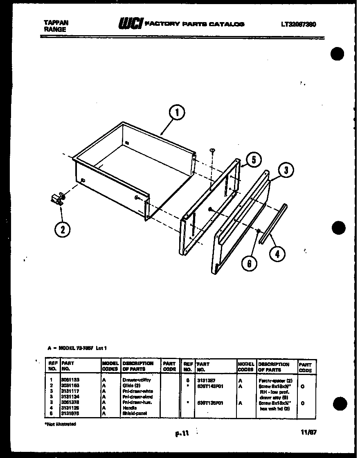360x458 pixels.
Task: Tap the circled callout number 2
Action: [62, 229]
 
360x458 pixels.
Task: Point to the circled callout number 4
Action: [277, 254]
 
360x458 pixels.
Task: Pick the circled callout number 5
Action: [254, 160]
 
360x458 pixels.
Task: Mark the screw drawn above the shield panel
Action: [213, 151]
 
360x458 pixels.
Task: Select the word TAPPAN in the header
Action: [56, 23]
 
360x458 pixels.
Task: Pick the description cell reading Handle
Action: [129, 408]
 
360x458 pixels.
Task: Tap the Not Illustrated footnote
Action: [60, 424]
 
